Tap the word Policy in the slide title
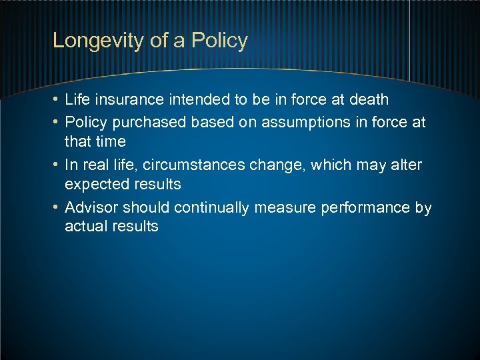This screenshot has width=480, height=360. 219,41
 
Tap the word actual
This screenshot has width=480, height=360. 85,226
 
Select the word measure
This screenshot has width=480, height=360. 285,207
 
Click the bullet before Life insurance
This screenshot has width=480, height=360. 57,100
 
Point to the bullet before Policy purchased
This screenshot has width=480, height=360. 57,123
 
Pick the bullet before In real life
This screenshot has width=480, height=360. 57,165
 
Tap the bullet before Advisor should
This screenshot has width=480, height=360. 57,207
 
